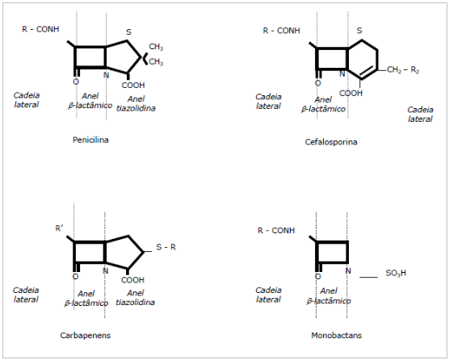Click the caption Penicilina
90,140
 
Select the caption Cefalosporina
331,142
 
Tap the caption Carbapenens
86,336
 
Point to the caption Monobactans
337,335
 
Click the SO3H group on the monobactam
396,273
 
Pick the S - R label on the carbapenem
166,247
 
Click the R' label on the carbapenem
59,228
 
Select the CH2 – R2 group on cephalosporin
403,70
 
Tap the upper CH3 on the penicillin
156,47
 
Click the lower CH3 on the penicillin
156,62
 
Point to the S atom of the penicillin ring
129,32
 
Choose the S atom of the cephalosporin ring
359,31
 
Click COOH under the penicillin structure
133,85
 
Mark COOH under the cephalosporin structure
350,93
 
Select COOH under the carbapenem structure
132,280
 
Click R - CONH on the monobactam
276,230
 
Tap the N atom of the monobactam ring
348,270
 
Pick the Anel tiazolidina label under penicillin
136,103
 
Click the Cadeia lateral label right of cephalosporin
420,114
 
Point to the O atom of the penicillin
76,82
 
